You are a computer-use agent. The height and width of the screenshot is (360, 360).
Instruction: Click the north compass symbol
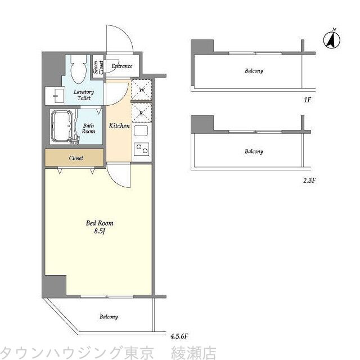coord(332,39)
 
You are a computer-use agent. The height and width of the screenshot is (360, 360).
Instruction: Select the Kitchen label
coord(119,126)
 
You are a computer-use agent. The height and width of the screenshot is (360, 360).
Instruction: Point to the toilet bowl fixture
coord(79,69)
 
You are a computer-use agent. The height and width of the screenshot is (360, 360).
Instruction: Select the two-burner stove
coord(142,150)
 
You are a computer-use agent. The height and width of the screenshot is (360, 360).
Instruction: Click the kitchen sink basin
coord(141,133)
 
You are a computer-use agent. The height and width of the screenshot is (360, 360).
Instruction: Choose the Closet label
coord(76,158)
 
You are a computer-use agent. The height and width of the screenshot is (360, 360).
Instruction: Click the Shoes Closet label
coord(97,68)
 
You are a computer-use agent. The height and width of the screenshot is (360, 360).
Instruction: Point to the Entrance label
coord(121,66)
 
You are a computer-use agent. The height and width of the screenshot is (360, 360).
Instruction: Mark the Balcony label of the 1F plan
coord(254,71)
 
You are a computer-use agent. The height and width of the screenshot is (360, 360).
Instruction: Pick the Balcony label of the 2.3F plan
coord(254,151)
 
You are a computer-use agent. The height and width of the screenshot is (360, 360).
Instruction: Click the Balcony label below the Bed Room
coord(109,317)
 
